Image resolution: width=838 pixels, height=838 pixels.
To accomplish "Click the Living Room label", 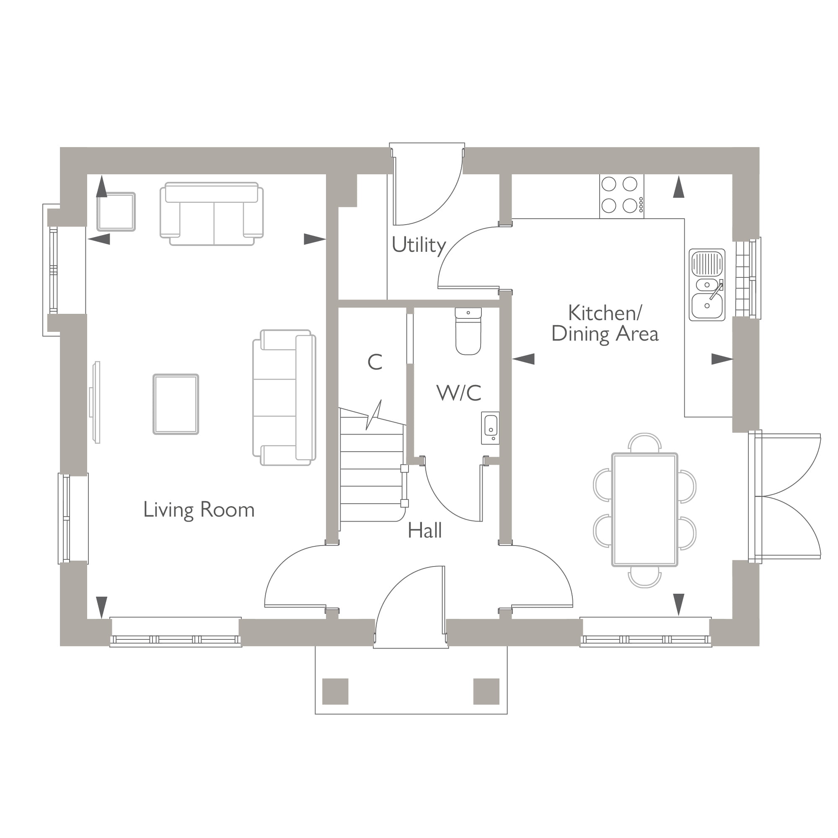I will pyautogui.click(x=199, y=510).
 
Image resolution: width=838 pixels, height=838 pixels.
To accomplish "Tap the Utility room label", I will pyautogui.click(x=419, y=246).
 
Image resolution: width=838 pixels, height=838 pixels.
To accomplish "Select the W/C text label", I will pyautogui.click(x=458, y=393).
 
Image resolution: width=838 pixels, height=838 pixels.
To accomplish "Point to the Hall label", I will pyautogui.click(x=424, y=530).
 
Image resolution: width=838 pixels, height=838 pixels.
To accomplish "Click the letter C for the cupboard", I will pyautogui.click(x=375, y=362).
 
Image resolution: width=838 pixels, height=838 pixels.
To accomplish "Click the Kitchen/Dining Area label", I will pyautogui.click(x=605, y=323).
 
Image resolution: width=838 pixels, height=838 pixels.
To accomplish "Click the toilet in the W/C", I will pyautogui.click(x=468, y=332).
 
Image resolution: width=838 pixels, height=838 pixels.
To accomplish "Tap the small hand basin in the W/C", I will pyautogui.click(x=490, y=428).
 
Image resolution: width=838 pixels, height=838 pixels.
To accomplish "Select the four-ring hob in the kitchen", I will pyautogui.click(x=621, y=196).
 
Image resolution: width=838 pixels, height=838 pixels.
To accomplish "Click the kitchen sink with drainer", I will pyautogui.click(x=706, y=285).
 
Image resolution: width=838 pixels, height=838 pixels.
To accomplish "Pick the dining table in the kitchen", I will pyautogui.click(x=644, y=510).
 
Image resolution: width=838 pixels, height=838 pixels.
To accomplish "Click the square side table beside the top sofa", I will pyautogui.click(x=116, y=212).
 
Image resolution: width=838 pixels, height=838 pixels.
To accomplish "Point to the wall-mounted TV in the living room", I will pyautogui.click(x=96, y=403).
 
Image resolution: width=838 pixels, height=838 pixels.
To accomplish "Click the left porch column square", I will pyautogui.click(x=335, y=691).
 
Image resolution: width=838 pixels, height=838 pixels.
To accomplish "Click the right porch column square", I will pyautogui.click(x=486, y=691).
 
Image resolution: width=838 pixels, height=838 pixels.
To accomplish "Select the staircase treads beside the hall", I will pyautogui.click(x=372, y=477).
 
